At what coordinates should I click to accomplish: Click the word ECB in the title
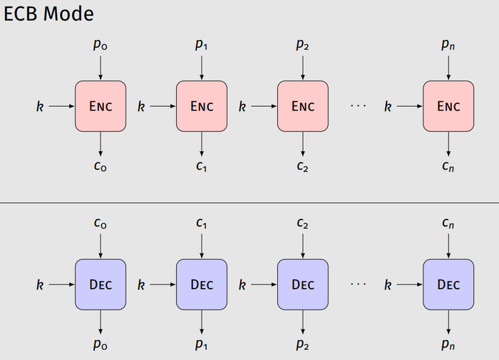(21, 14)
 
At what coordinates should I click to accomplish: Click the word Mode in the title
(68, 14)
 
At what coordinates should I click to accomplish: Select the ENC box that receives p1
(202, 106)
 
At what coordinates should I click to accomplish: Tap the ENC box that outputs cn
(448, 106)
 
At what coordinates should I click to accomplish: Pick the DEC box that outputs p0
(101, 284)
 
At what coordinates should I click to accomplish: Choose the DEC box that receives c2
(303, 284)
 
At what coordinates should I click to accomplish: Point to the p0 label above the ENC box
(101, 45)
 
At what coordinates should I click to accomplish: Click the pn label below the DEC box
(448, 344)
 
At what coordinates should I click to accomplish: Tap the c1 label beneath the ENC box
(202, 166)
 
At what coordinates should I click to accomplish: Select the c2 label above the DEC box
(302, 223)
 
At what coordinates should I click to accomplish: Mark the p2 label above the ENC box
(302, 45)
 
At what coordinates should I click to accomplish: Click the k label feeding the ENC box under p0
(40, 106)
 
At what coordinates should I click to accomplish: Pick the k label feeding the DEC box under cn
(388, 284)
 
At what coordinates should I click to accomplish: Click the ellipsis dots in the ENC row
(359, 106)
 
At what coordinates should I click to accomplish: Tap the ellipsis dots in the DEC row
(359, 284)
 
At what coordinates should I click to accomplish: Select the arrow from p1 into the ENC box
(202, 68)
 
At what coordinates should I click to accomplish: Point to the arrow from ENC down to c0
(101, 144)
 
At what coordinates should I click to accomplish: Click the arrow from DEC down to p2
(303, 322)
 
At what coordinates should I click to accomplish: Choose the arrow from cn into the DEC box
(448, 246)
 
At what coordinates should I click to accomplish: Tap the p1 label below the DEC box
(202, 344)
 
